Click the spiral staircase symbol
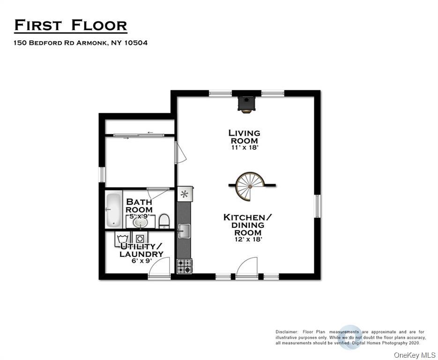click(x=250, y=186)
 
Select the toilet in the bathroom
click(x=164, y=221)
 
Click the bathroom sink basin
click(x=140, y=222)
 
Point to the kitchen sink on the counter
click(x=184, y=231)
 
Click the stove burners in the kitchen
click(x=184, y=266)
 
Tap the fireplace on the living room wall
click(x=246, y=104)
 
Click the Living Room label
click(x=244, y=137)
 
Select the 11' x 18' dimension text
click(x=244, y=147)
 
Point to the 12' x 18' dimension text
click(x=248, y=239)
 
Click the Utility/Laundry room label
click(x=141, y=250)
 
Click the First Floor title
click(x=70, y=25)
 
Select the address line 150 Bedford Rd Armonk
click(x=81, y=43)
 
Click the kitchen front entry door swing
click(x=247, y=268)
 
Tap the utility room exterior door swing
click(x=159, y=269)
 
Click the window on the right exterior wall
click(x=317, y=206)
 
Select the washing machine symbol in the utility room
click(x=122, y=239)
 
